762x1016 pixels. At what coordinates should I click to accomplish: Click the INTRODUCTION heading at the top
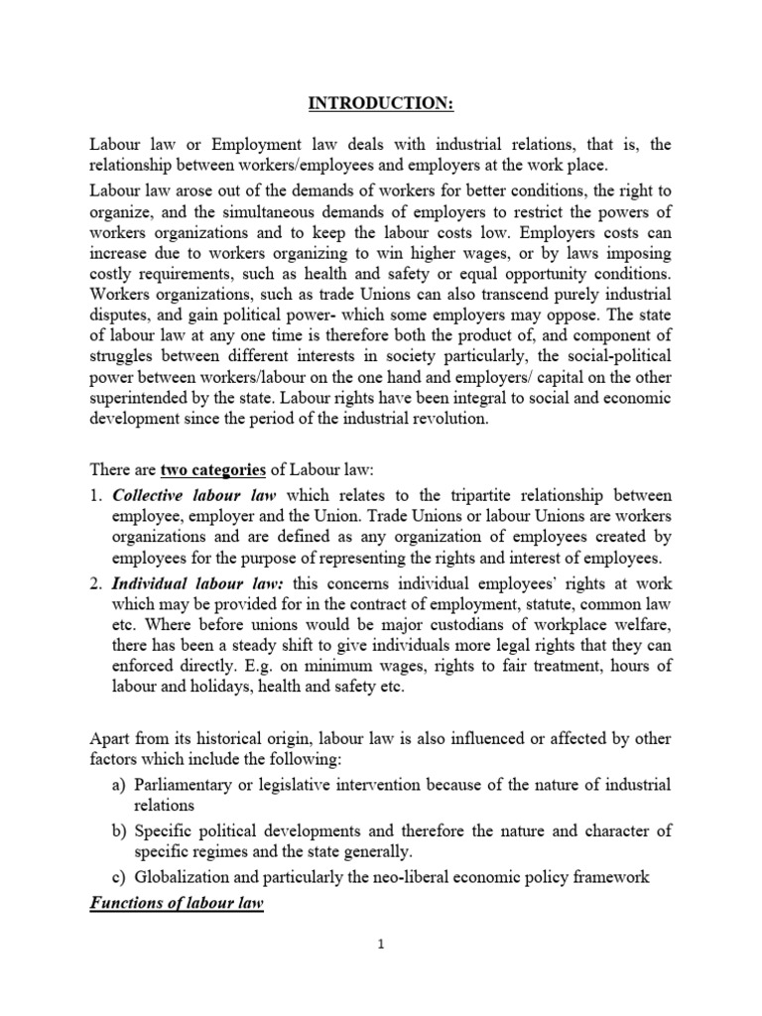pyautogui.click(x=380, y=104)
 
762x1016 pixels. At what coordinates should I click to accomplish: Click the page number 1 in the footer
pyautogui.click(x=380, y=946)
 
